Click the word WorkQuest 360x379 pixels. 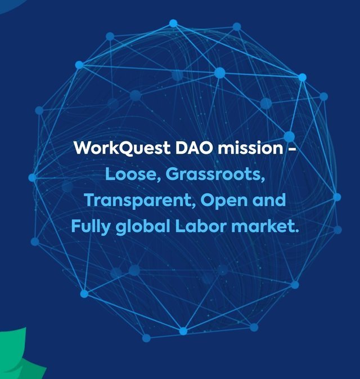tap(122, 148)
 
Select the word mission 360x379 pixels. tap(250, 148)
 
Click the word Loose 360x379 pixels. tap(131, 174)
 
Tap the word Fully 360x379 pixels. tap(91, 227)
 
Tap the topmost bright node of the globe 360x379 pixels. tap(173, 23)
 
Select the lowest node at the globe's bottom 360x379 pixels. tap(146, 338)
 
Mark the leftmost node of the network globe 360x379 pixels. tap(33, 177)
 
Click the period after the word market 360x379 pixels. tap(296, 231)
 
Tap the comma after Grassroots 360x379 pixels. tap(263, 180)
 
